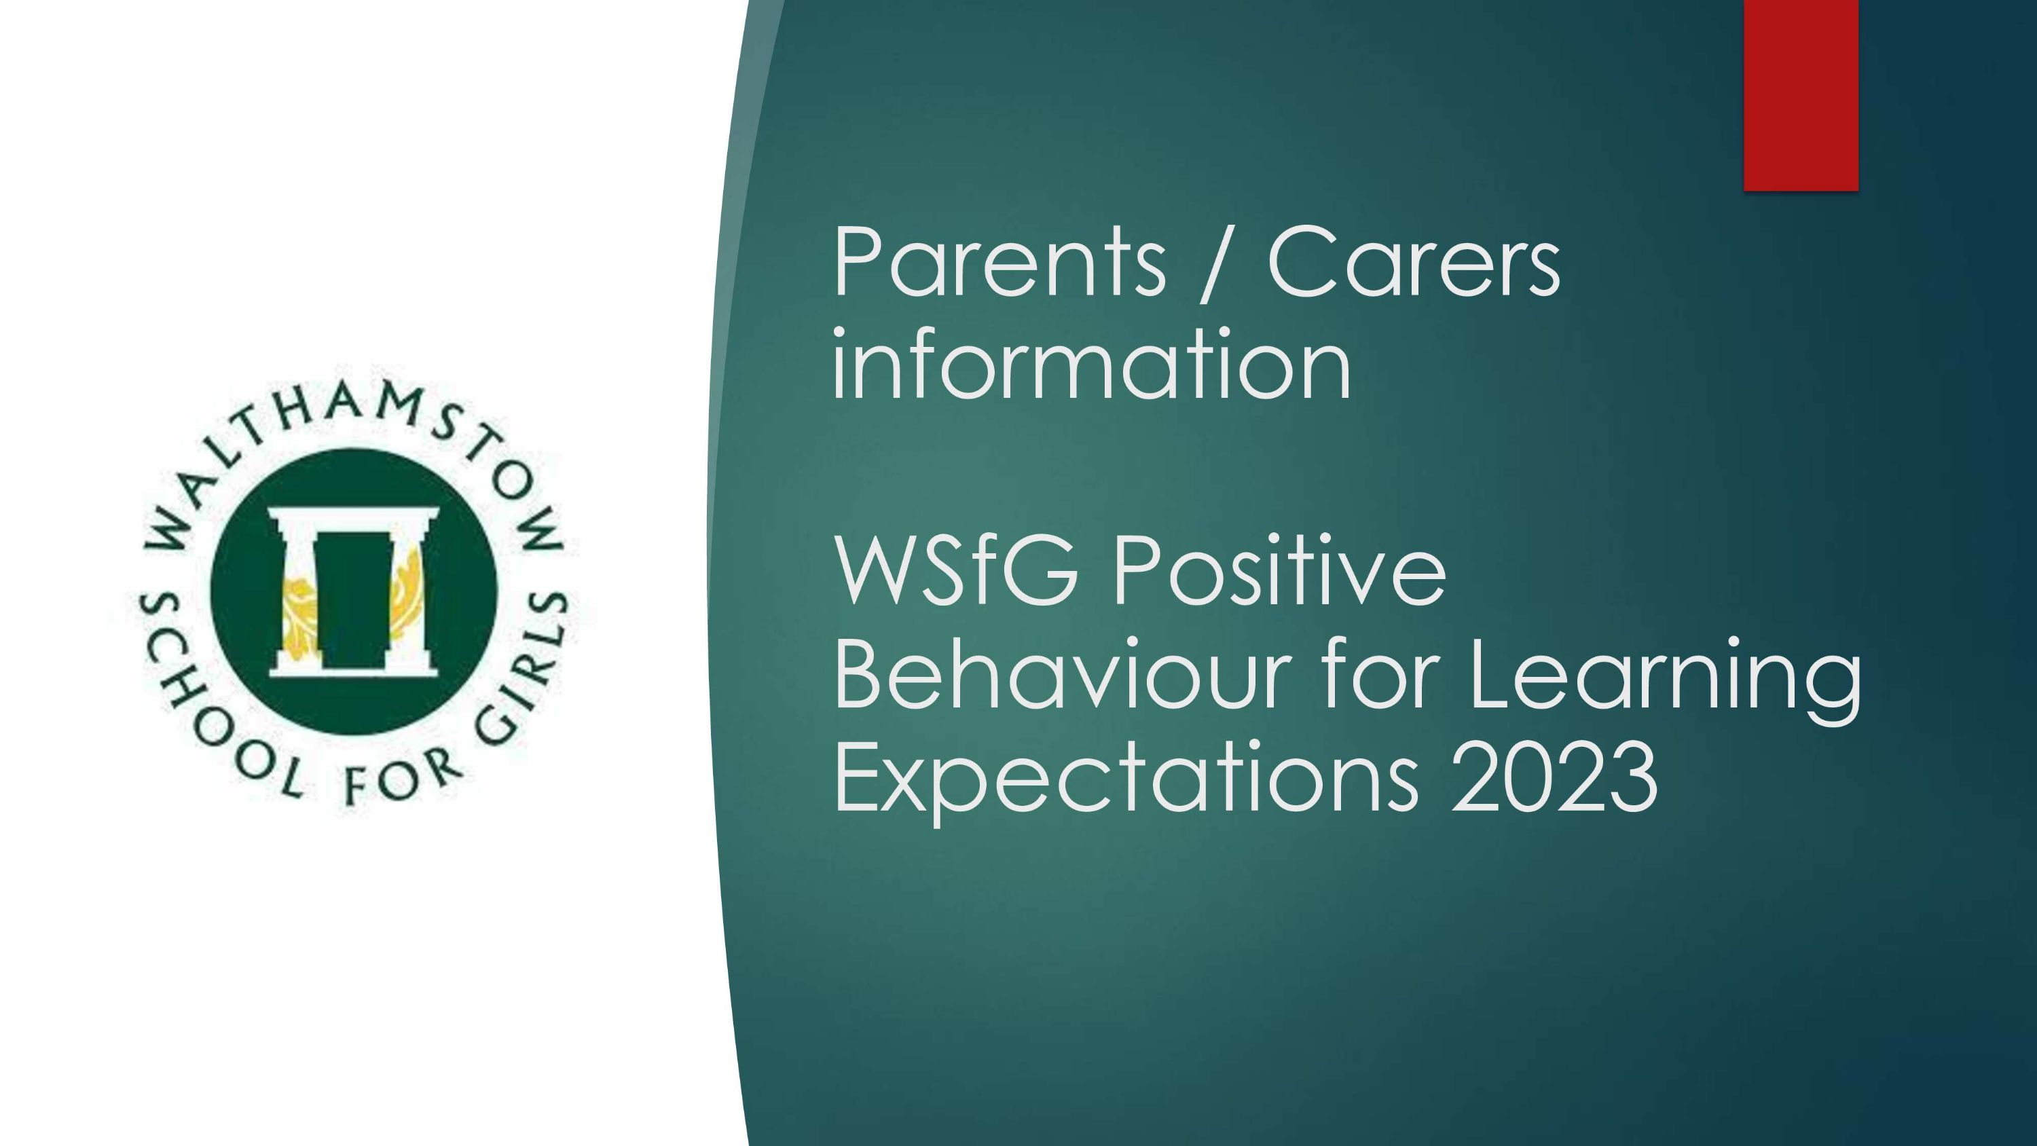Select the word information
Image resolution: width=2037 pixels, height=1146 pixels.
coord(1091,361)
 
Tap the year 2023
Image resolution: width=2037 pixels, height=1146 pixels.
coord(1554,775)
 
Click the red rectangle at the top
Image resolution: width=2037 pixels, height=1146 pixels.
coord(1801,95)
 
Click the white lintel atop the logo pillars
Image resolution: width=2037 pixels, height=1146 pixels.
coord(352,517)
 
